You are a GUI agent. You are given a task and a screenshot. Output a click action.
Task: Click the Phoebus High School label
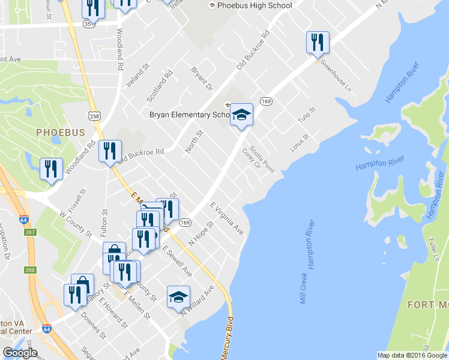[255, 6]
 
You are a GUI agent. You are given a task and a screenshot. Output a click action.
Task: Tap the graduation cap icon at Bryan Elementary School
[241, 114]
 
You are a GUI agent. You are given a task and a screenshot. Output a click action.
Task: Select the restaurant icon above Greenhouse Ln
[318, 42]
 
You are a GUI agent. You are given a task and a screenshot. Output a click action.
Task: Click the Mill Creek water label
[304, 286]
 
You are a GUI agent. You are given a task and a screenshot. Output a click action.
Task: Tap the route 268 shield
[31, 270]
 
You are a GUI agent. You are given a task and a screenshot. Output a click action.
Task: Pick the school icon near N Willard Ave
[178, 297]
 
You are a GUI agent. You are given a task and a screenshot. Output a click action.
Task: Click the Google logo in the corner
[20, 353]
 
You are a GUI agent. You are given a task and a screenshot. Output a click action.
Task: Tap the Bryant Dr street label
[202, 79]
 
